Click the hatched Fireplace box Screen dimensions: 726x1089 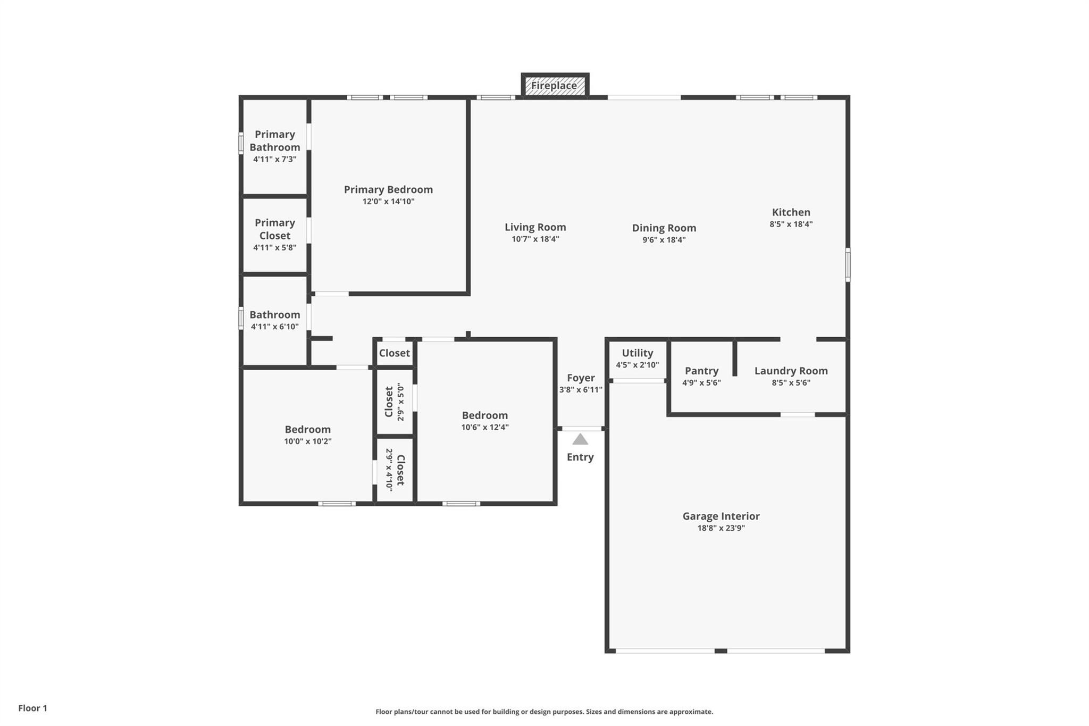pyautogui.click(x=555, y=86)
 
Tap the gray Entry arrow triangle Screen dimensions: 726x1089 pyautogui.click(x=580, y=439)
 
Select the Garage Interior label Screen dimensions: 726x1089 pyautogui.click(x=721, y=516)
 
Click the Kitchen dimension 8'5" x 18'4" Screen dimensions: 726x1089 pyautogui.click(x=791, y=224)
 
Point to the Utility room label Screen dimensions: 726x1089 pyautogui.click(x=637, y=353)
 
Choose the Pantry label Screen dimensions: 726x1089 pyautogui.click(x=701, y=371)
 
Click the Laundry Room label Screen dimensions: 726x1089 pyautogui.click(x=791, y=371)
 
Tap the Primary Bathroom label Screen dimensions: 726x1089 pyautogui.click(x=274, y=141)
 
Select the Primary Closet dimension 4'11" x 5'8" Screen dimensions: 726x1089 pyautogui.click(x=274, y=247)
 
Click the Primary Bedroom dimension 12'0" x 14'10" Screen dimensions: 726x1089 pyautogui.click(x=388, y=202)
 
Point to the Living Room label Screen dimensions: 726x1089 pyautogui.click(x=535, y=227)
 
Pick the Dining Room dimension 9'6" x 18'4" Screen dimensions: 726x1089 pyautogui.click(x=664, y=240)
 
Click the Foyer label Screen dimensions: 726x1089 pyautogui.click(x=580, y=378)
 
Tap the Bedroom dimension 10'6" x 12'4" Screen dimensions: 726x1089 pyautogui.click(x=484, y=427)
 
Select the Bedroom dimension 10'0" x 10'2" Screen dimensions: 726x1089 pyautogui.click(x=307, y=441)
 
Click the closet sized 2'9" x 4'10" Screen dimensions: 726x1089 pyautogui.click(x=395, y=470)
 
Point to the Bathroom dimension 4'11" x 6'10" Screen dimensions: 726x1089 pyautogui.click(x=274, y=327)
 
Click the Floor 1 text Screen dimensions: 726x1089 pyautogui.click(x=32, y=708)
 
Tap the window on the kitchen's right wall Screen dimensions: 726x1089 pyautogui.click(x=848, y=264)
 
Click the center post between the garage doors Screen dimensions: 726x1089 pyautogui.click(x=721, y=651)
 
